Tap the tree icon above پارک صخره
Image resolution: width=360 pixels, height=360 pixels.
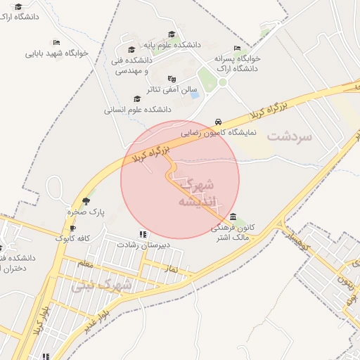(x=86, y=201)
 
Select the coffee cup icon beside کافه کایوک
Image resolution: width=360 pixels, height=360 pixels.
(x=72, y=229)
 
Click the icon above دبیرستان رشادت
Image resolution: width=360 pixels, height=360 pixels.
(x=143, y=234)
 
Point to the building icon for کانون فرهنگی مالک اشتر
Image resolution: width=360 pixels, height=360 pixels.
(x=233, y=217)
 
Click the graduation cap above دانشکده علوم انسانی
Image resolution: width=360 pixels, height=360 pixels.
(x=136, y=99)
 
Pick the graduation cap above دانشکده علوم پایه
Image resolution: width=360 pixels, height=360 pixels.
(x=172, y=34)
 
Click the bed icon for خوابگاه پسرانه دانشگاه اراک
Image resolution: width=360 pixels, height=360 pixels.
(x=236, y=48)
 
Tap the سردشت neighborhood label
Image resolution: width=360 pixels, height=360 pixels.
(x=288, y=137)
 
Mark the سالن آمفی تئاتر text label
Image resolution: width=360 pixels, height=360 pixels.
(x=163, y=90)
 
